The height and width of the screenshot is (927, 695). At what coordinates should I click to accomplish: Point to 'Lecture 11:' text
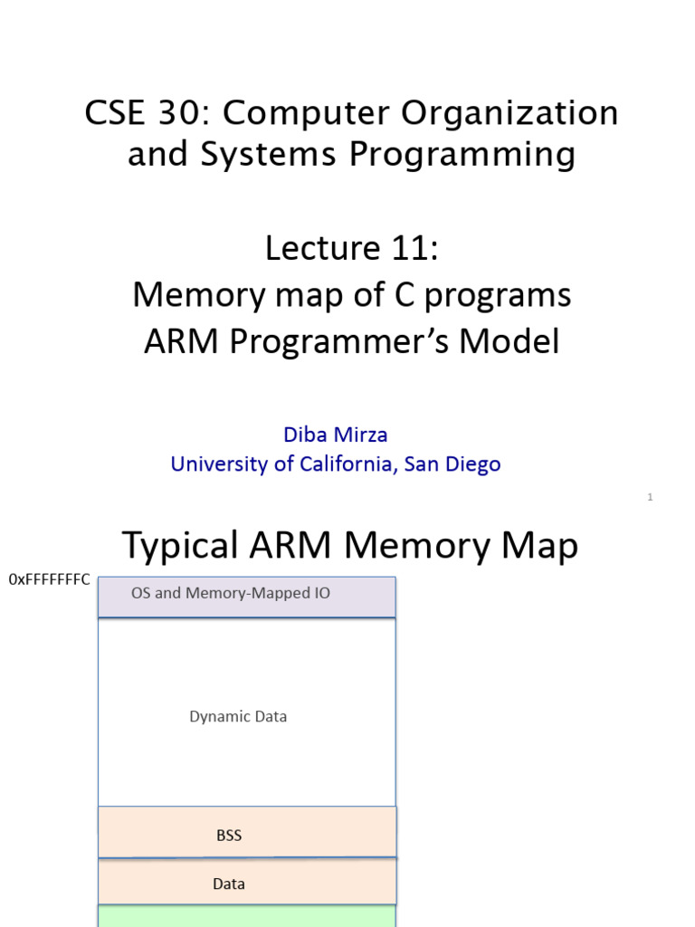351,248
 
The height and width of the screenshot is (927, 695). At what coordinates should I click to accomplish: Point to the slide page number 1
650,497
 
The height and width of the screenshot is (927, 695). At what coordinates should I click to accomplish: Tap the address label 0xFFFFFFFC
49,579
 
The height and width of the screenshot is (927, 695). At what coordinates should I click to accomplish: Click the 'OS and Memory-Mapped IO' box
246,597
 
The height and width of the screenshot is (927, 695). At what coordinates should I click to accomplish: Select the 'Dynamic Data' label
238,716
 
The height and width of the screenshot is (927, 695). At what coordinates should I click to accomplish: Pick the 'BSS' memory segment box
246,833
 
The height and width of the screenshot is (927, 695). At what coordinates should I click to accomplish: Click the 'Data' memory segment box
246,882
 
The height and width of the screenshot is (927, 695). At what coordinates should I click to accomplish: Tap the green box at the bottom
246,916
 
